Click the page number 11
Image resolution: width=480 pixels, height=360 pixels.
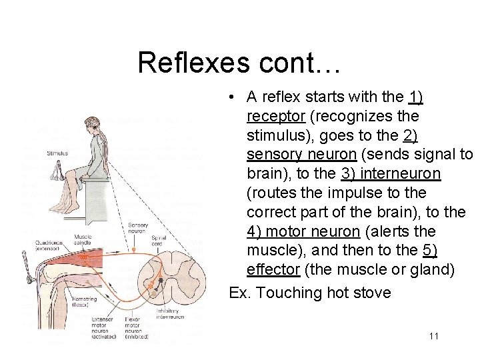pyautogui.click(x=433, y=336)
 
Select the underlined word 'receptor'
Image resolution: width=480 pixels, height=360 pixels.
pyautogui.click(x=275, y=117)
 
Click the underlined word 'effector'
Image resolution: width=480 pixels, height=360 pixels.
pyautogui.click(x=273, y=270)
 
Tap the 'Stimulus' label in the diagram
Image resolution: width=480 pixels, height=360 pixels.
pyautogui.click(x=57, y=153)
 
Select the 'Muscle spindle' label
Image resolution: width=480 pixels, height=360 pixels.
pyautogui.click(x=83, y=239)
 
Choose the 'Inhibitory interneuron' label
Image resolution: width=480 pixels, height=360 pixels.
pyautogui.click(x=169, y=313)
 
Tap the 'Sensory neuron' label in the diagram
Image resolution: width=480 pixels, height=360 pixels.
pyautogui.click(x=138, y=229)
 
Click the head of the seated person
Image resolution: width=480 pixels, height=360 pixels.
pyautogui.click(x=91, y=126)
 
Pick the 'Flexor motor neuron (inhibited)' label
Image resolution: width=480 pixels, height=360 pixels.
pyautogui.click(x=136, y=328)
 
